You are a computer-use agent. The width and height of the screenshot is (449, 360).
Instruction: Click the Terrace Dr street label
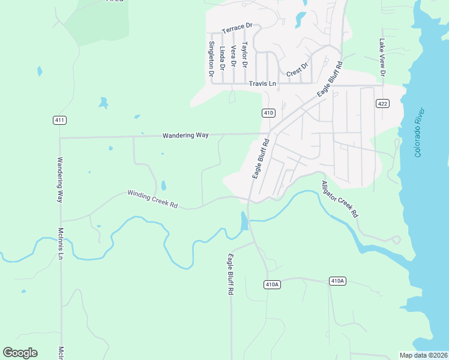pyautogui.click(x=237, y=29)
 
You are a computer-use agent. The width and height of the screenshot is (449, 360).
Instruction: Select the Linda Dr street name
pyautogui.click(x=222, y=58)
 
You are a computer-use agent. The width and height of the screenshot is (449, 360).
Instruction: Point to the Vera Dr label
pyautogui.click(x=234, y=56)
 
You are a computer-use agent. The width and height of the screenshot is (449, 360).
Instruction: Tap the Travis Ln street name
pyautogui.click(x=263, y=84)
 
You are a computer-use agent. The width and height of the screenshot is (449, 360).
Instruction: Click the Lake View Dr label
pyautogui.click(x=382, y=58)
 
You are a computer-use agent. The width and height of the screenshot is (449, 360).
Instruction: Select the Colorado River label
pyautogui.click(x=420, y=133)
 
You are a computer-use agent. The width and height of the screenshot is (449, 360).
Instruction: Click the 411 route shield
pyautogui.click(x=59, y=120)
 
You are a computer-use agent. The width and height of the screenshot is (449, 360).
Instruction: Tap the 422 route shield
pyautogui.click(x=382, y=104)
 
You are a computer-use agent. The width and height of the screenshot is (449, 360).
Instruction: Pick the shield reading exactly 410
pyautogui.click(x=268, y=113)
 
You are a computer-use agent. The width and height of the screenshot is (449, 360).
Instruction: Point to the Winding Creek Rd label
pyautogui.click(x=152, y=199)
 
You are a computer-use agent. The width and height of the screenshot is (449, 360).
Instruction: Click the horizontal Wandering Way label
pyautogui.click(x=185, y=136)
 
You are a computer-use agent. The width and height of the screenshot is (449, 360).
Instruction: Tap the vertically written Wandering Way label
pyautogui.click(x=60, y=180)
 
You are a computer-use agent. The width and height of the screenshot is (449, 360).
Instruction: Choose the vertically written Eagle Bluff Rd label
pyautogui.click(x=230, y=275)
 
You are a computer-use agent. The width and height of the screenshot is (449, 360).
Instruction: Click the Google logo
pyautogui.click(x=20, y=352)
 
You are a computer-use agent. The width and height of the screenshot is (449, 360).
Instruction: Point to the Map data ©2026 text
pyautogui.click(x=424, y=355)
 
